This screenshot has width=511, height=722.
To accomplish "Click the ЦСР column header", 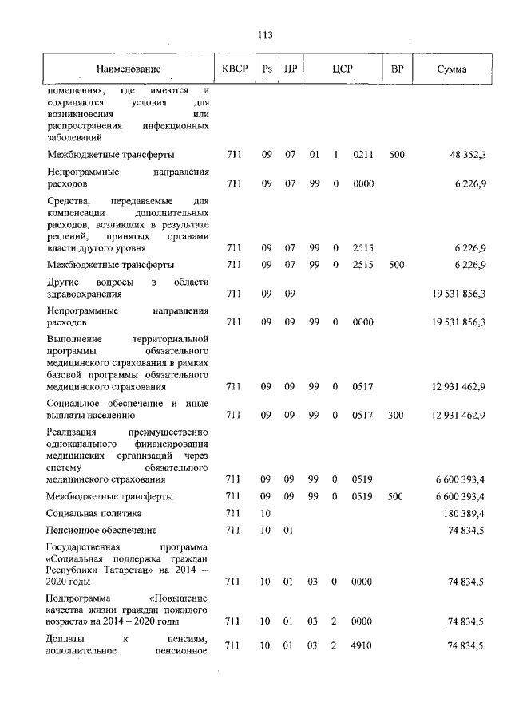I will coord(343,69).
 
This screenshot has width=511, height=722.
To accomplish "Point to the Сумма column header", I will coord(453,69).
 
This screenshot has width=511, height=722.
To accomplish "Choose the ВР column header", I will coord(397,69).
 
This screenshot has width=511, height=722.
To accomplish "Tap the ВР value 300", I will coord(397,415).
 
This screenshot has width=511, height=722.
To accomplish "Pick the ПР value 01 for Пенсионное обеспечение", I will coord(291,531).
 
